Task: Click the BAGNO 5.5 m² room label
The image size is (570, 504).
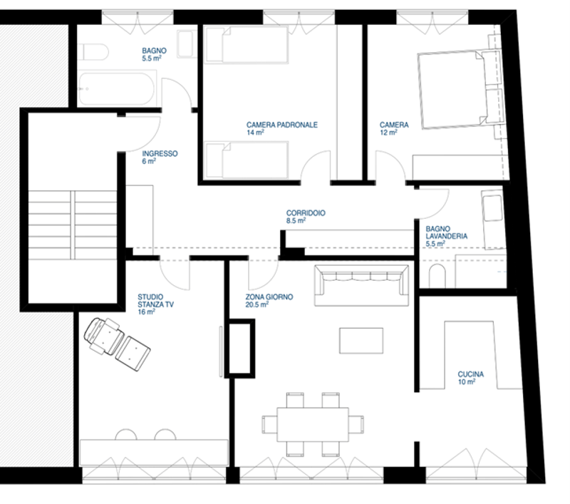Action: [x=154, y=55]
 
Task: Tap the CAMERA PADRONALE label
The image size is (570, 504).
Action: [x=281, y=125]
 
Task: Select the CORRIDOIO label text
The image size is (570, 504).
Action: [x=306, y=212]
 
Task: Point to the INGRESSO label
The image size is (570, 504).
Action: [x=160, y=153]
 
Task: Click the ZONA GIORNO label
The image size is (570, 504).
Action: [x=269, y=297]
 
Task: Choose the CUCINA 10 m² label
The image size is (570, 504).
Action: [x=471, y=378]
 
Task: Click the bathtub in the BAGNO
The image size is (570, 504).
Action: [x=117, y=88]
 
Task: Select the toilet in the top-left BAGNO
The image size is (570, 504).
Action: [x=93, y=52]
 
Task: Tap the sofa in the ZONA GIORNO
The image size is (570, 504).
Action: [x=361, y=285]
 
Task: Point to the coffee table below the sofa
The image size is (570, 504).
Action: [x=361, y=340]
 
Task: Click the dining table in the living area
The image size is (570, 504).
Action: [x=313, y=424]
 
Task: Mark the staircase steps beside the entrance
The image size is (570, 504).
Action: [x=73, y=225]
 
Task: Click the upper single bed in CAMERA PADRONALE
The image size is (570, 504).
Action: [x=247, y=44]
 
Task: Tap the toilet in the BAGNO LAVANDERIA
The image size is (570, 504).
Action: [x=437, y=276]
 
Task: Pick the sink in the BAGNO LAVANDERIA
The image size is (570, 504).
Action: [x=493, y=208]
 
